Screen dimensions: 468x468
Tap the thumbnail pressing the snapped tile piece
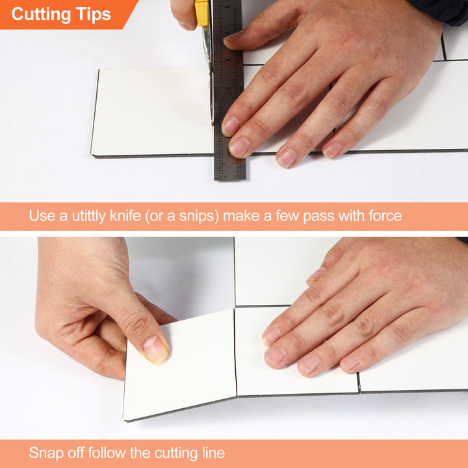point(156,350)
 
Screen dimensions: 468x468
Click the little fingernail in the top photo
point(333,150)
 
